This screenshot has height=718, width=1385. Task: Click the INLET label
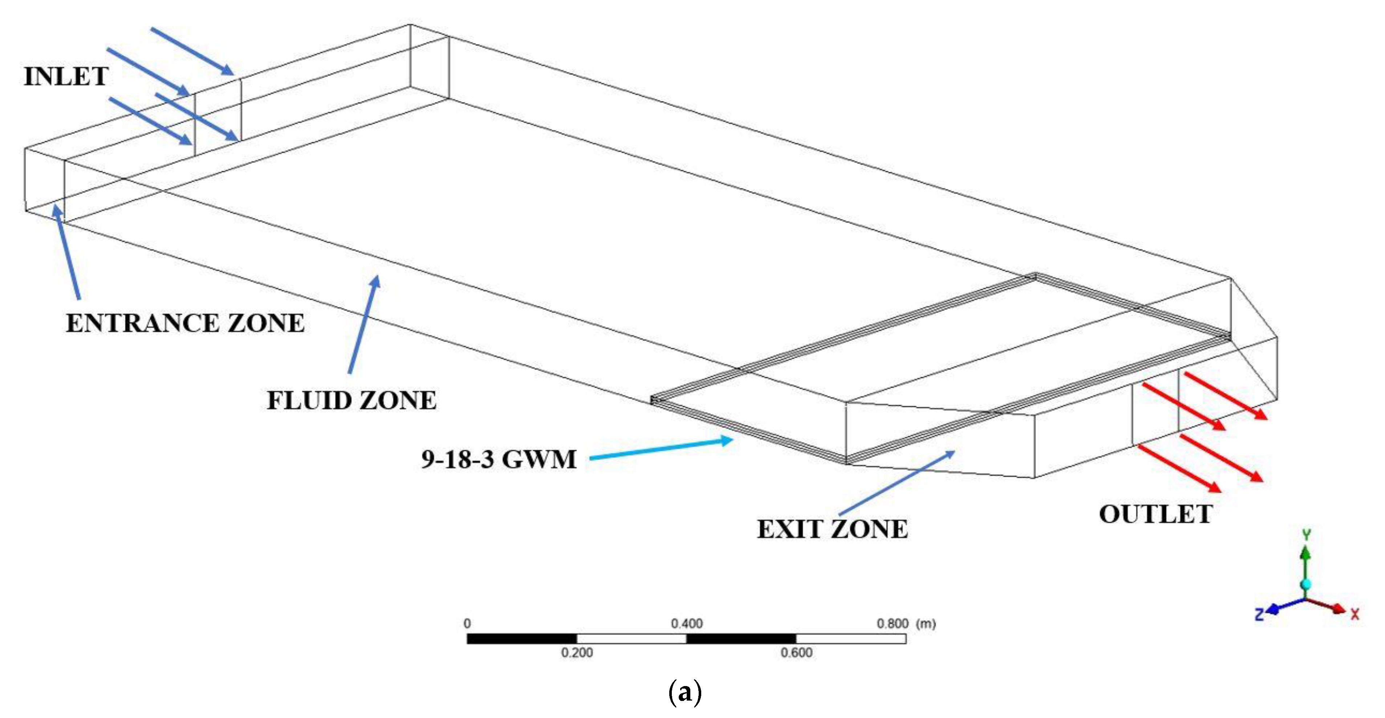66,76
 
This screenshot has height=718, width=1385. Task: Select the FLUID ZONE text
352,401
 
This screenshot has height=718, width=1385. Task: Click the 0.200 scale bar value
577,653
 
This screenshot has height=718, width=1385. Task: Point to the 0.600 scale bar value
796,653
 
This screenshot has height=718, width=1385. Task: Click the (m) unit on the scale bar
926,624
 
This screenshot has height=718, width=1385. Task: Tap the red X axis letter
1355,614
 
